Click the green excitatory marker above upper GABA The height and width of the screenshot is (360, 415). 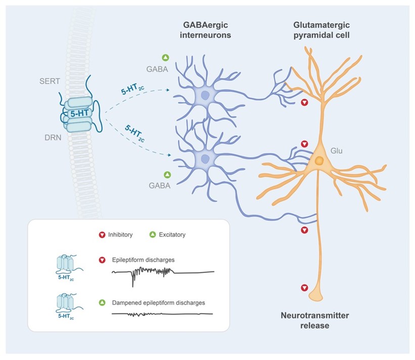[165, 58]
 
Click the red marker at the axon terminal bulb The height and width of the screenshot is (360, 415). [304, 288]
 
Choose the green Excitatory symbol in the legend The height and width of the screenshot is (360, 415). [152, 235]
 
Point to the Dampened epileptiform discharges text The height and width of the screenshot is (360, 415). [159, 302]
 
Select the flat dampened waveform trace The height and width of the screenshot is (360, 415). [162, 314]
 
